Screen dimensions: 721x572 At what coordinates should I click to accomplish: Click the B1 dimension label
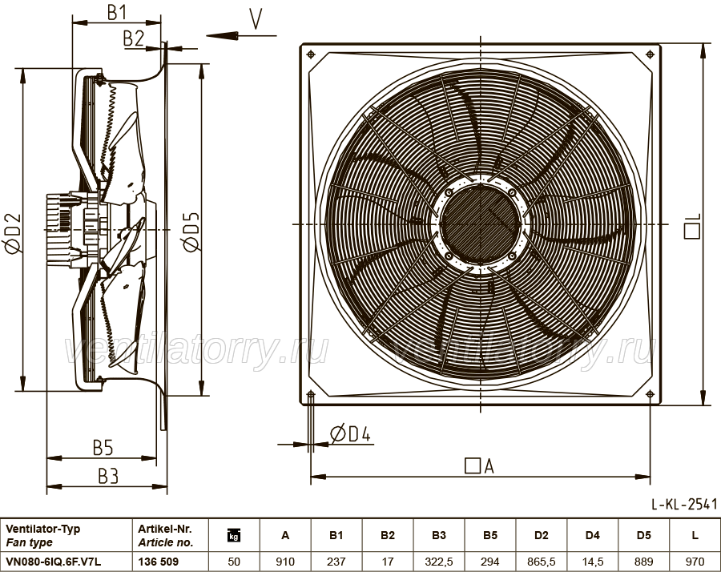[x=117, y=12]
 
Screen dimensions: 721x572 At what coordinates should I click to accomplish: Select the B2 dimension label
[x=134, y=39]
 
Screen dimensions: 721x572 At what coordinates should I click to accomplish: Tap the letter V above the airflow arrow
[x=256, y=19]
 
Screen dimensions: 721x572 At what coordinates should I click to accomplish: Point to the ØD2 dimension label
[x=13, y=233]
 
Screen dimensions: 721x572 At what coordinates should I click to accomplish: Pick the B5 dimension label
[x=103, y=447]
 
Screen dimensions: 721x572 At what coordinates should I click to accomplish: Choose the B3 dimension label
[x=108, y=477]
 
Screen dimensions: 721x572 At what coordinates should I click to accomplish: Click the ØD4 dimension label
[x=350, y=433]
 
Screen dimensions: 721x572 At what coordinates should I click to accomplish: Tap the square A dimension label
[x=479, y=465]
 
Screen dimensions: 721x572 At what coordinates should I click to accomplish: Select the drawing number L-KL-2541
[x=684, y=504]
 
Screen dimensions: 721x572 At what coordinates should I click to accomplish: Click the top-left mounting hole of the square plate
[x=312, y=54]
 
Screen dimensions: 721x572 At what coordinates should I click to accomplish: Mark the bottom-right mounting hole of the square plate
[x=650, y=394]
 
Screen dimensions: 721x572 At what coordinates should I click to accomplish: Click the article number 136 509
[x=158, y=562]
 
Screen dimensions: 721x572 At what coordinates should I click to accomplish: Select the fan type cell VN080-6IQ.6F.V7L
[x=54, y=562]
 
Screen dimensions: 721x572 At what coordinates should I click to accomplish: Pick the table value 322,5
[x=439, y=562]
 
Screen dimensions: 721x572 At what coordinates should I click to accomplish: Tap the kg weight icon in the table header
[x=234, y=535]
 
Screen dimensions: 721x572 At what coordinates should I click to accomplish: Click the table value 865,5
[x=542, y=562]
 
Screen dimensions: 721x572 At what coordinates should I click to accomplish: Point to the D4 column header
[x=592, y=535]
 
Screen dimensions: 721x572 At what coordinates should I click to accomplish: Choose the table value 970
[x=695, y=562]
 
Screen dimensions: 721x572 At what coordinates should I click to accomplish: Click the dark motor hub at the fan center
[x=480, y=224]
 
